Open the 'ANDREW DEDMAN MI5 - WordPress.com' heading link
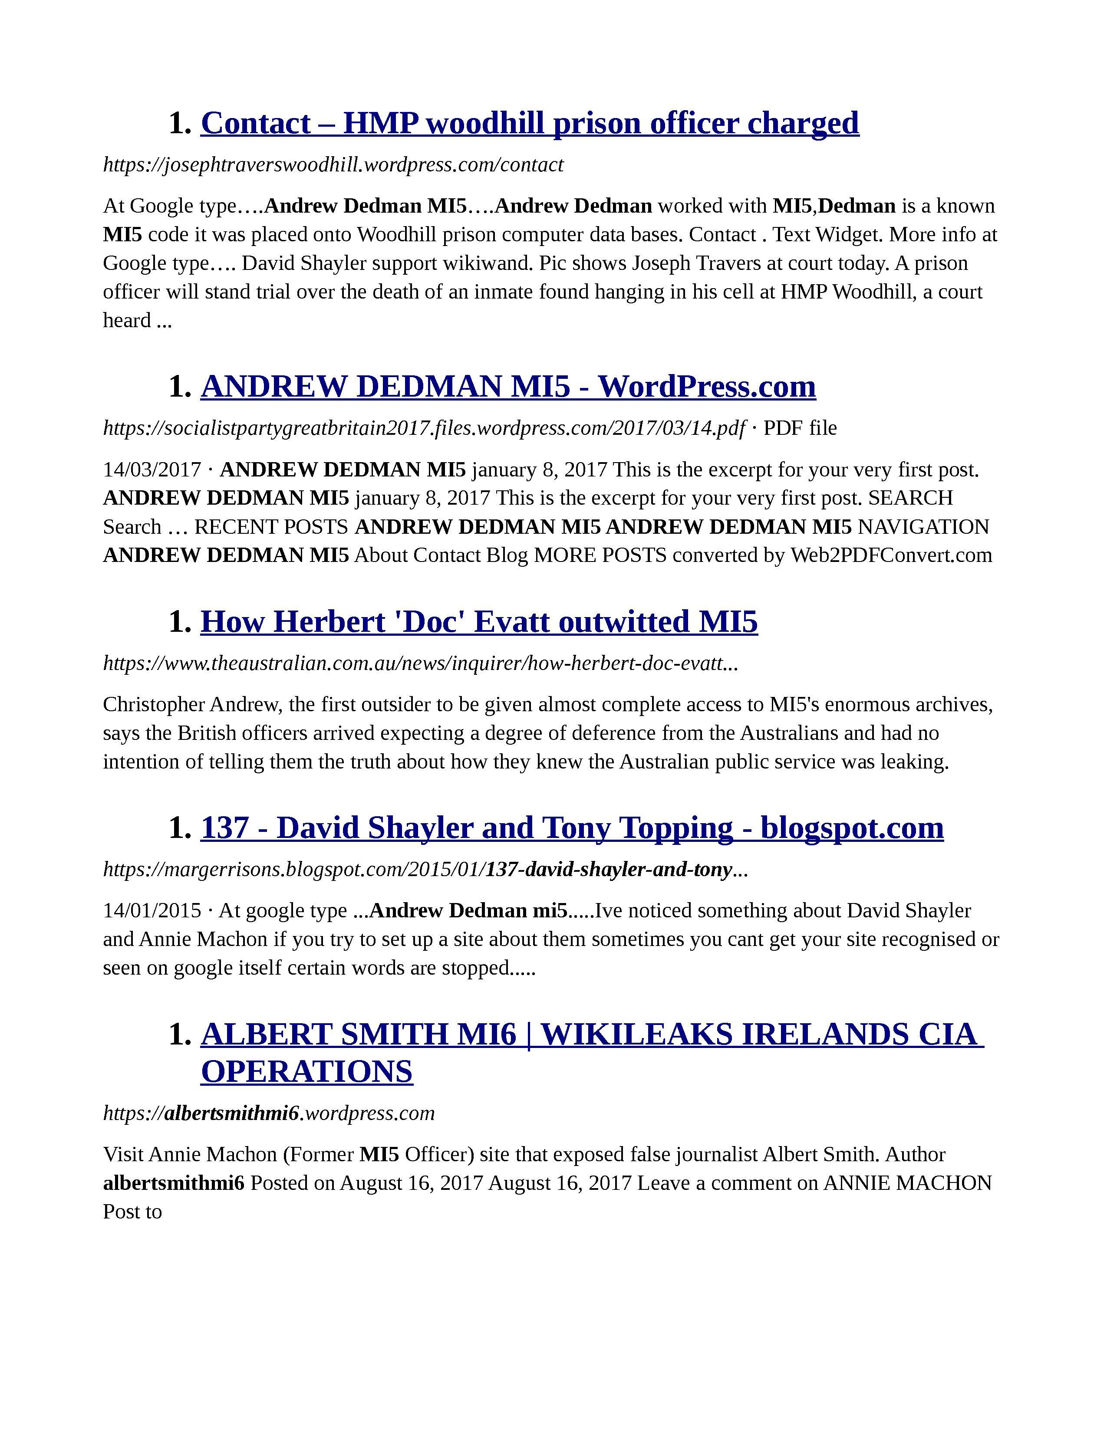point(508,386)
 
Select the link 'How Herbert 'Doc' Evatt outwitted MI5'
point(479,621)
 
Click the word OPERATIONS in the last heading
point(307,1071)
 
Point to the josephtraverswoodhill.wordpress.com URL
point(333,164)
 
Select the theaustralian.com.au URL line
point(420,663)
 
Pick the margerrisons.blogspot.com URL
point(425,870)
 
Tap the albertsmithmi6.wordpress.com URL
point(269,1113)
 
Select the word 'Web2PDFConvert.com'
point(890,555)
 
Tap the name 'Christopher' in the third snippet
point(154,705)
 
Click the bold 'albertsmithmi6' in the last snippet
point(174,1183)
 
